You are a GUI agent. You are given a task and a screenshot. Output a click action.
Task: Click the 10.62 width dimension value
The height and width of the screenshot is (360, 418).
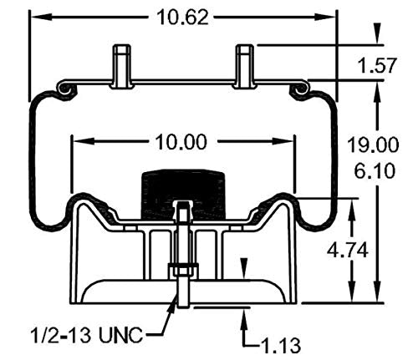tap(182, 17)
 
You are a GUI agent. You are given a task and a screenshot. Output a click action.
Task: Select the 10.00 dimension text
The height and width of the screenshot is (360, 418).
tap(181, 142)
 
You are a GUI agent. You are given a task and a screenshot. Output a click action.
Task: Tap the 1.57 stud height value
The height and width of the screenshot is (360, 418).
tap(377, 65)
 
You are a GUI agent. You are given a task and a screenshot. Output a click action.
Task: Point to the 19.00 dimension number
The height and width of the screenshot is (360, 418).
tap(373, 145)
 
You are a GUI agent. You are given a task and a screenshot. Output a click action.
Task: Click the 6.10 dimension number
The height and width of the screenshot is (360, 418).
tap(375, 170)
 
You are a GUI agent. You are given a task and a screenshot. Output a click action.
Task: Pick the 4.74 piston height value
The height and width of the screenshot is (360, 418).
tap(347, 251)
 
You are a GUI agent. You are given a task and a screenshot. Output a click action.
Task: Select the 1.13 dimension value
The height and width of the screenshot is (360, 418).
tap(281, 346)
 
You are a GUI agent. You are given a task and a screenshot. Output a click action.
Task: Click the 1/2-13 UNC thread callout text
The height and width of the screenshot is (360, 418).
tap(87, 335)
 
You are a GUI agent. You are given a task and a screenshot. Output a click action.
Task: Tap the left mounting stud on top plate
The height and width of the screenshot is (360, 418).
tap(122, 67)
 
